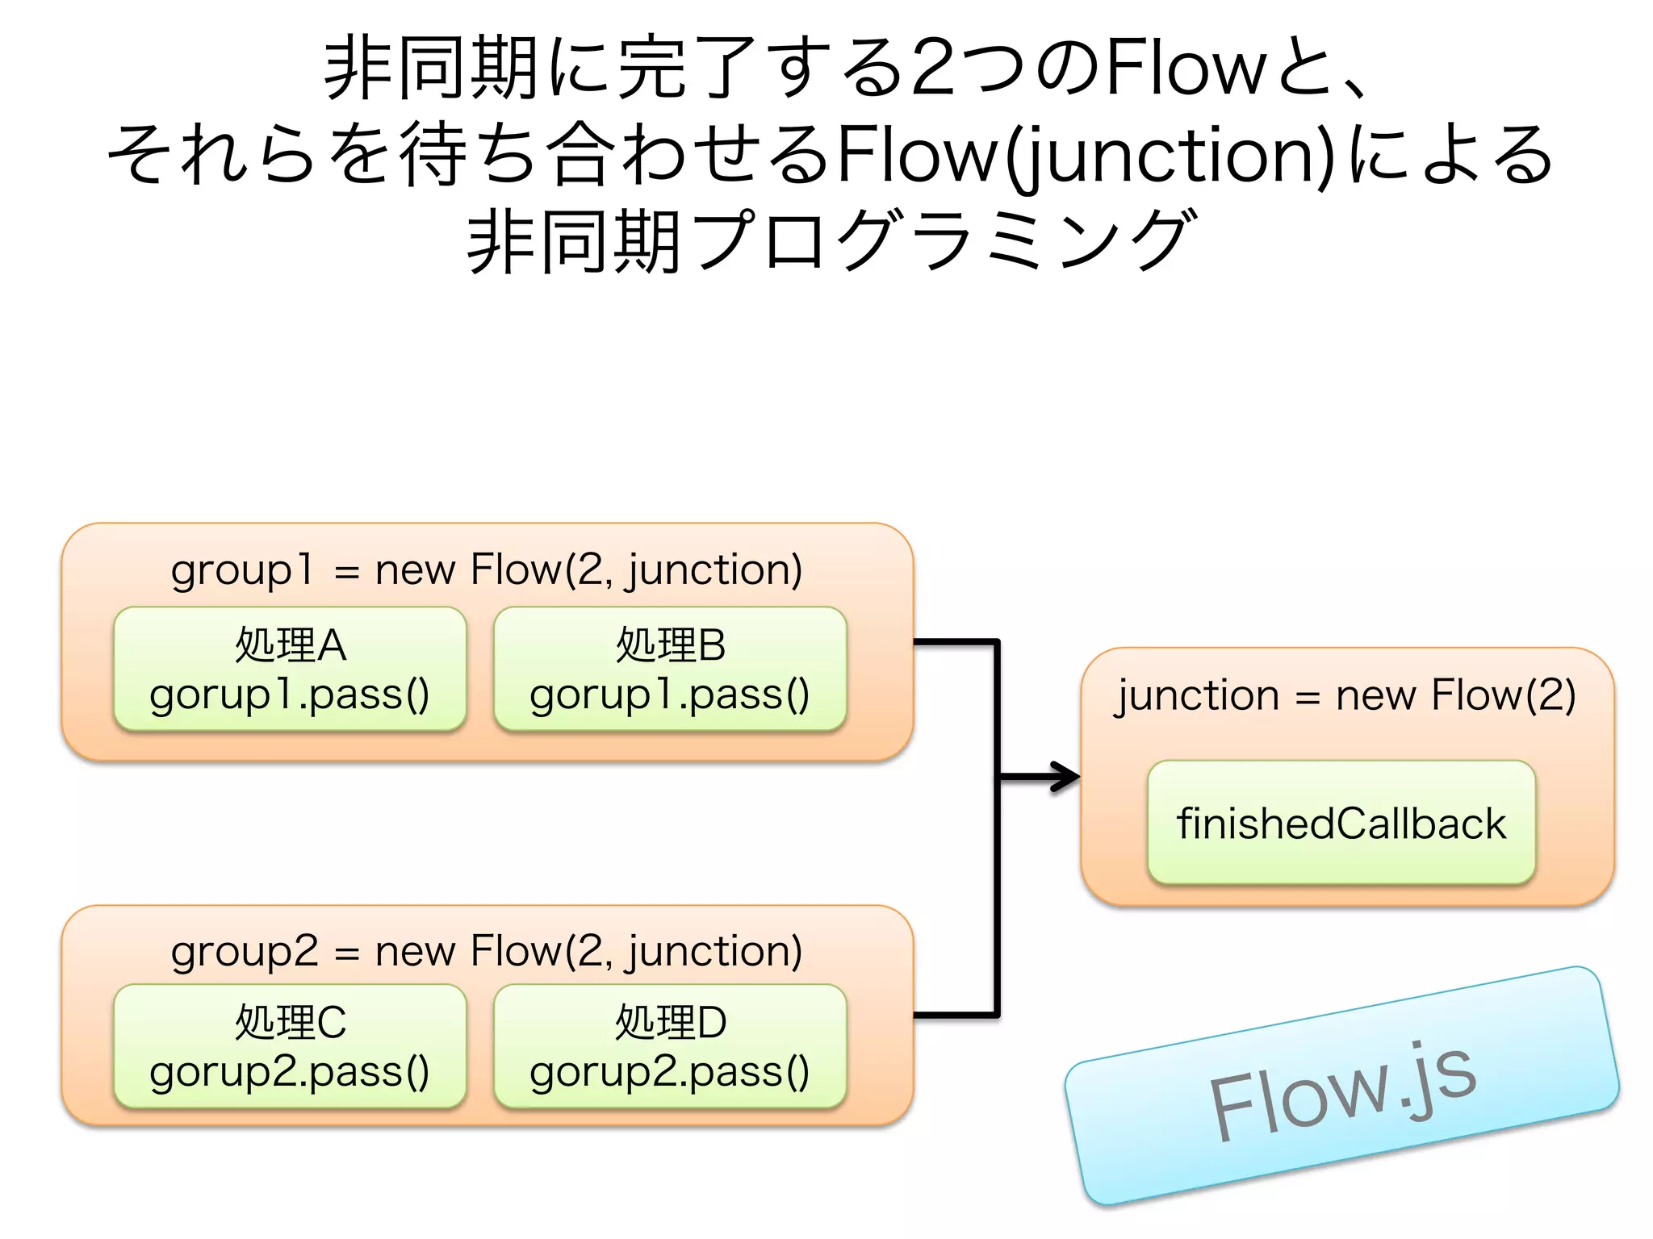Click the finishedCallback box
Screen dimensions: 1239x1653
click(1341, 823)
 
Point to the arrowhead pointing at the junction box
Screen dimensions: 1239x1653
click(1067, 777)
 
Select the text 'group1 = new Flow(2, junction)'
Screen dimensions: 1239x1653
click(487, 570)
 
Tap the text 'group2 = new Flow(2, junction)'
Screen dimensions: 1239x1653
click(487, 952)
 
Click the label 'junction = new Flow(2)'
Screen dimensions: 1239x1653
click(1345, 695)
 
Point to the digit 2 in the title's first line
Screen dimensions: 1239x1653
click(936, 69)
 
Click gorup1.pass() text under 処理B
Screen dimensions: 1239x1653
click(669, 695)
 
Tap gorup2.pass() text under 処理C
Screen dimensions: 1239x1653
click(289, 1073)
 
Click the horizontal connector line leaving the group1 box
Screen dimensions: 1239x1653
click(956, 642)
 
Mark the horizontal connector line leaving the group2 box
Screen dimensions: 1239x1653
click(956, 1015)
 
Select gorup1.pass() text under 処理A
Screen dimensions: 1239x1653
click(289, 695)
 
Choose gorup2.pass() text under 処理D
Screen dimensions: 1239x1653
click(669, 1073)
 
